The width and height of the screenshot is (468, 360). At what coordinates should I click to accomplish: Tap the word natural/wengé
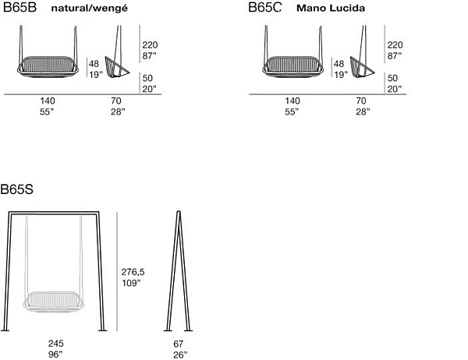(x=85, y=9)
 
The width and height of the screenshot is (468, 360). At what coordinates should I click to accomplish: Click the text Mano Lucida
(x=331, y=9)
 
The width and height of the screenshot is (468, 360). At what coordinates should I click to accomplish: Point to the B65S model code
(x=16, y=189)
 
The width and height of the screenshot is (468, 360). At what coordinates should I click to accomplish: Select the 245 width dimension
(x=55, y=344)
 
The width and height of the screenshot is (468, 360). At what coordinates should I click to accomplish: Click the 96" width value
(x=55, y=355)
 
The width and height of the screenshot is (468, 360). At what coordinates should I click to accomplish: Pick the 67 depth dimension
(x=178, y=344)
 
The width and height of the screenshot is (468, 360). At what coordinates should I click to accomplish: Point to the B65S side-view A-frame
(x=178, y=273)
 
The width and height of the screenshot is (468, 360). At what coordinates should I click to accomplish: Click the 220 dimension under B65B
(x=150, y=45)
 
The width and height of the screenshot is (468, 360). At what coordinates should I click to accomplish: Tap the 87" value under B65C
(x=395, y=56)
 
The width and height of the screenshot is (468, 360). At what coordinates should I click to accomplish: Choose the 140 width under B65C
(x=292, y=101)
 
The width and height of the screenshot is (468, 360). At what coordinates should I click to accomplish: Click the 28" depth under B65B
(x=117, y=111)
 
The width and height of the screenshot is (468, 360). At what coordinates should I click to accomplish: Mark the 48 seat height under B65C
(x=339, y=64)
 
